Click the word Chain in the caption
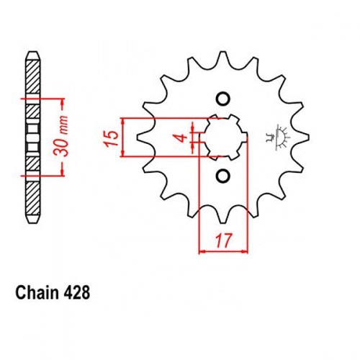tap(37, 292)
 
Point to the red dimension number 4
tap(183, 138)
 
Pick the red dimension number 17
tap(224, 240)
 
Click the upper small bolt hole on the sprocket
tap(223, 99)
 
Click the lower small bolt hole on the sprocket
tap(223, 176)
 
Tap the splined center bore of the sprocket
tap(225, 138)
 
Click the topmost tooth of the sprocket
tap(222, 58)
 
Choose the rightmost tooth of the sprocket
tap(303, 138)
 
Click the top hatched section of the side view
tap(32, 77)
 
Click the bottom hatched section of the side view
tap(32, 199)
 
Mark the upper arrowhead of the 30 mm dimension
tap(63, 103)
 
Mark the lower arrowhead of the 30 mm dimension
tap(63, 171)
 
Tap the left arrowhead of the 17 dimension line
tap(203, 251)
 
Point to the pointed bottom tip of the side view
tap(32, 223)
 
